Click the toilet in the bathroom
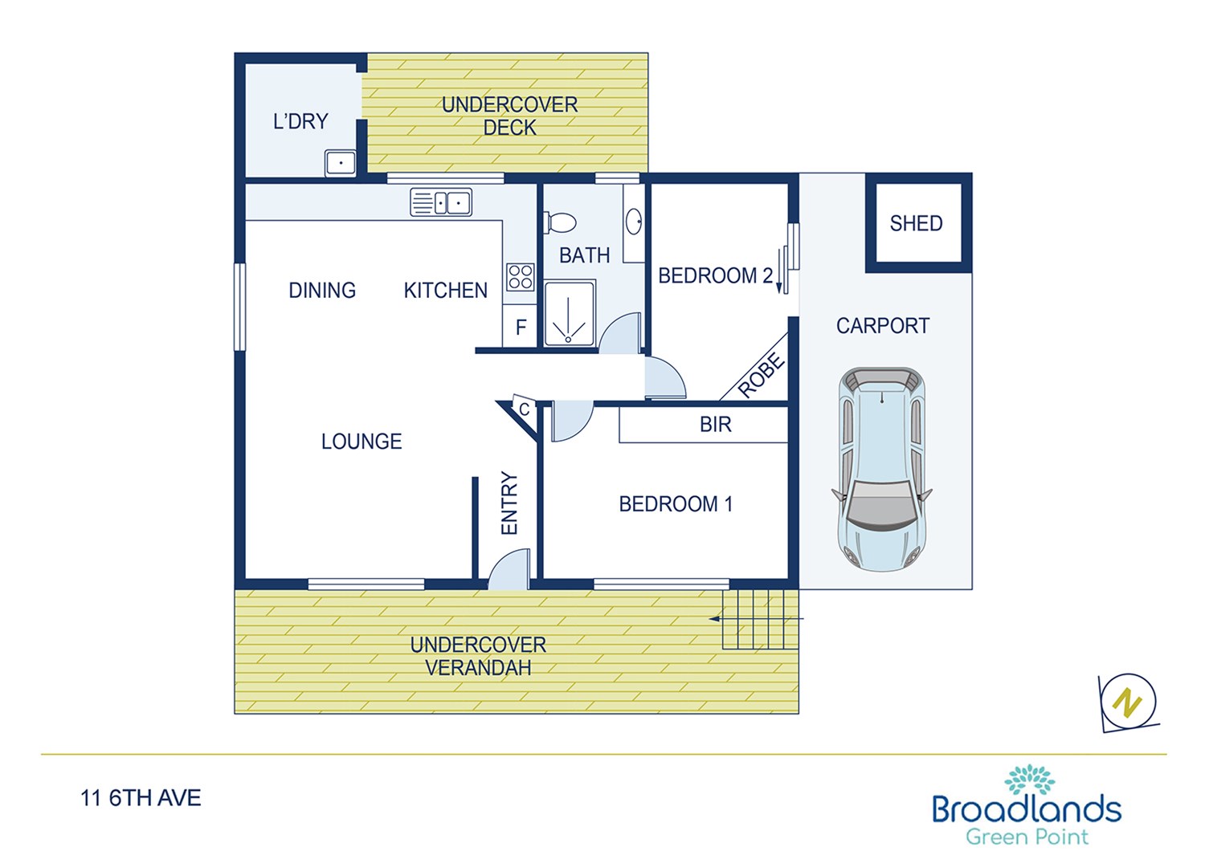[x=560, y=222]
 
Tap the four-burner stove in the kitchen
[x=521, y=278]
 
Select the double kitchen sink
[x=441, y=202]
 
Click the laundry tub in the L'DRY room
[x=341, y=163]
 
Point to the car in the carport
[x=882, y=469]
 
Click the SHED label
[x=916, y=223]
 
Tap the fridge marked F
[x=521, y=326]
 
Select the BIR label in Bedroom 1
[x=716, y=425]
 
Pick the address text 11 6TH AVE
[x=141, y=798]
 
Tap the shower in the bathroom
[x=569, y=313]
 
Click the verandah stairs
[x=760, y=619]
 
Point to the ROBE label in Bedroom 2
[x=761, y=375]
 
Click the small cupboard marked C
[x=524, y=409]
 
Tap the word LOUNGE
[x=361, y=442]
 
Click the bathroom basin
[x=635, y=221]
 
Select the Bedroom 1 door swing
[x=572, y=421]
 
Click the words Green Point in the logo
[x=1027, y=837]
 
